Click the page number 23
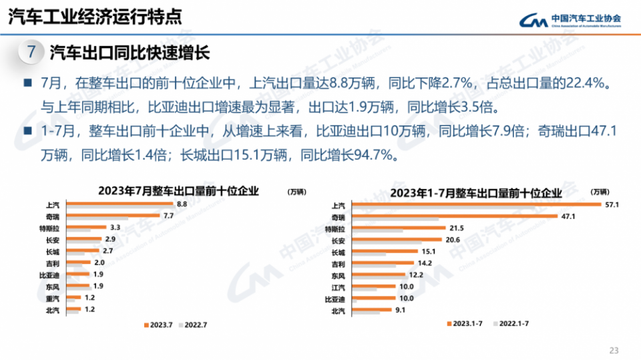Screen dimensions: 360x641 (614, 350)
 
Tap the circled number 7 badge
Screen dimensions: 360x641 (30, 52)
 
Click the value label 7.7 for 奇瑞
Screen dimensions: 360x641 (168, 216)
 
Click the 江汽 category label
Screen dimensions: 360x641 (339, 287)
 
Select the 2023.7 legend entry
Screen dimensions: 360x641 (156, 325)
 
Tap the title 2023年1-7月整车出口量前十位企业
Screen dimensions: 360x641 (476, 193)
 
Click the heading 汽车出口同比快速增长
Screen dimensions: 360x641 (130, 53)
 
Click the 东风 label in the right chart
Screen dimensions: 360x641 (339, 275)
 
